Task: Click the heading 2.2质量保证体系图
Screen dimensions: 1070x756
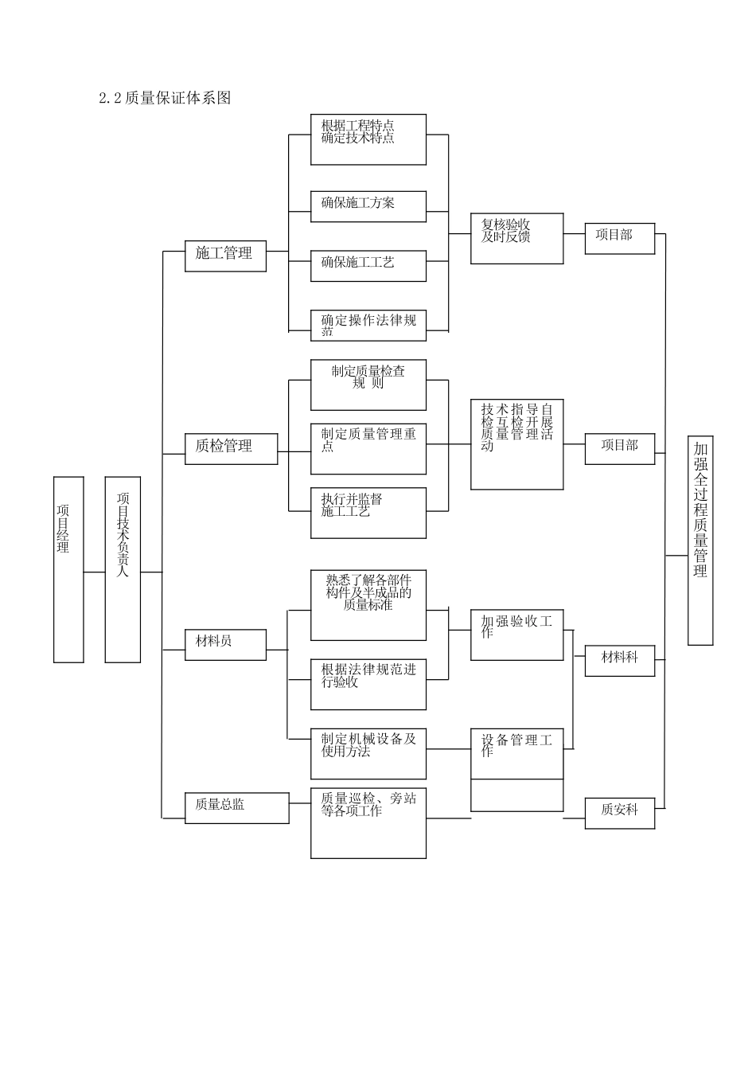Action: pyautogui.click(x=165, y=98)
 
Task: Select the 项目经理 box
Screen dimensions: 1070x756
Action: pyautogui.click(x=68, y=569)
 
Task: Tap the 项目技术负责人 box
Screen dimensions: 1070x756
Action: pyautogui.click(x=123, y=569)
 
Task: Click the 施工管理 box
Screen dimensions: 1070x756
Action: pyautogui.click(x=225, y=255)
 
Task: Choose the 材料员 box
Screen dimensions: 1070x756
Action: pyautogui.click(x=225, y=642)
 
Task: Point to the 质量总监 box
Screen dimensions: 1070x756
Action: pyautogui.click(x=236, y=806)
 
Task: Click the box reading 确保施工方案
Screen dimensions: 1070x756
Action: pyautogui.click(x=368, y=205)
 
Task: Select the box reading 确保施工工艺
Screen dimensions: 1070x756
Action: pyautogui.click(x=368, y=265)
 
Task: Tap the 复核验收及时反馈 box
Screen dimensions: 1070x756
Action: pyautogui.click(x=516, y=238)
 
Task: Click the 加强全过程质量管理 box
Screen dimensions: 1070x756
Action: pyautogui.click(x=700, y=540)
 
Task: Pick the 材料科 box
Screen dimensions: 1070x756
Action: pyautogui.click(x=619, y=659)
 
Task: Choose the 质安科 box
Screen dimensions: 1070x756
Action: pyautogui.click(x=619, y=812)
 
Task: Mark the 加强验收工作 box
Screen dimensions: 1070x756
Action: pyautogui.click(x=516, y=635)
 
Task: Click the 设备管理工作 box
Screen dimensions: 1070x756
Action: pyautogui.click(x=516, y=754)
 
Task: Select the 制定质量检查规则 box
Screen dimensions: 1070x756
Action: pyautogui.click(x=368, y=385)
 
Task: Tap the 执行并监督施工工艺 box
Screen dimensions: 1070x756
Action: pyautogui.click(x=368, y=513)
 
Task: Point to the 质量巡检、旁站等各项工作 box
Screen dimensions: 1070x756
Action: pyautogui.click(x=368, y=822)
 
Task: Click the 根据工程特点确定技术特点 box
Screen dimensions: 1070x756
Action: pyautogui.click(x=368, y=139)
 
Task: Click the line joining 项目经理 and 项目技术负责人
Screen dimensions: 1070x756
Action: pyautogui.click(x=94, y=572)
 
